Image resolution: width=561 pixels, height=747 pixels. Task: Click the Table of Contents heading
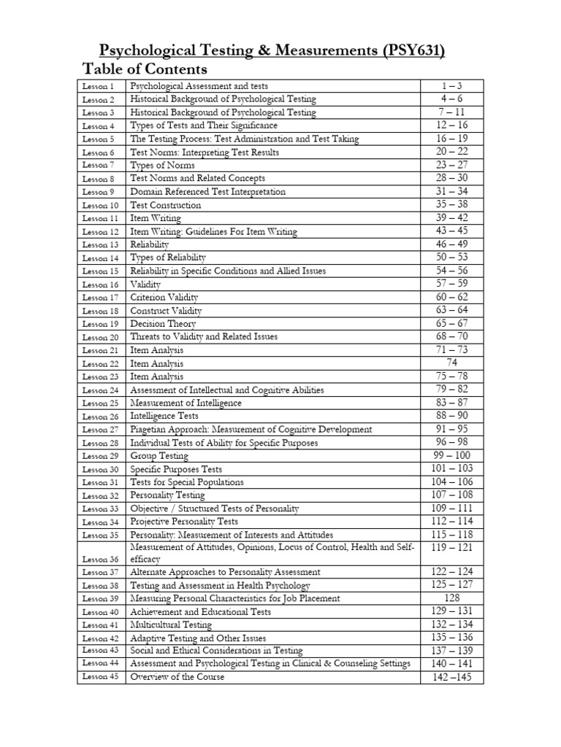coord(145,70)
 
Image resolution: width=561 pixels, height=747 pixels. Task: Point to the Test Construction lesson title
coord(165,206)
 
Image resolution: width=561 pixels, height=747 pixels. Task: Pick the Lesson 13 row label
coord(99,245)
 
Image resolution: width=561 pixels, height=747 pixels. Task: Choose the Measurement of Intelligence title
coord(186,403)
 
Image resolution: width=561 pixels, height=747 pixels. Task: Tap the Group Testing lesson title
coord(159,456)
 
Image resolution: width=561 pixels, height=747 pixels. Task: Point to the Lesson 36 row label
coord(99,560)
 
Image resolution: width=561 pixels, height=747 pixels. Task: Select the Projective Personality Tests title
coord(184,522)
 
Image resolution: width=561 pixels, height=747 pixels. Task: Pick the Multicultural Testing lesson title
coord(171,625)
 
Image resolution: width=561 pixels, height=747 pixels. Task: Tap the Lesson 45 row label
coord(99,677)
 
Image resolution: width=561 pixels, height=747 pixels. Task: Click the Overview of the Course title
coord(178,677)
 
